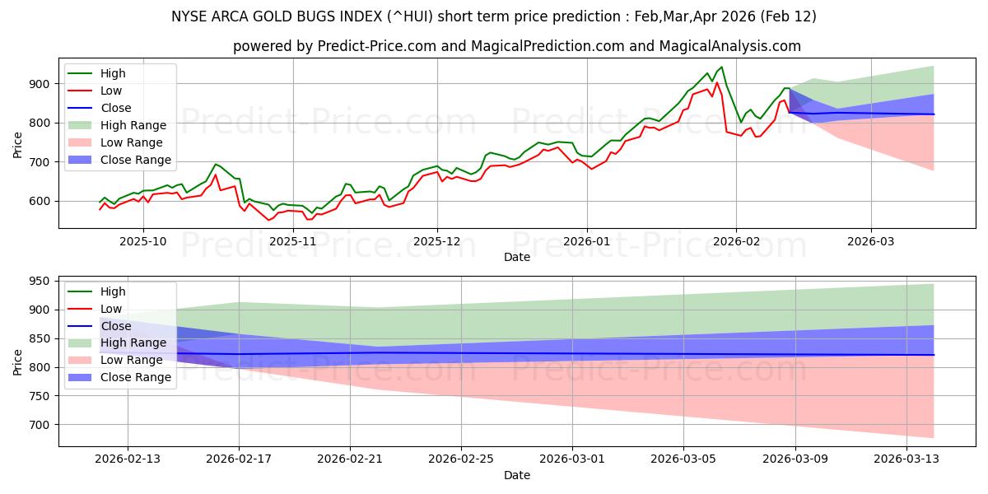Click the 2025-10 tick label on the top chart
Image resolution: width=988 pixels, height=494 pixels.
coord(143,240)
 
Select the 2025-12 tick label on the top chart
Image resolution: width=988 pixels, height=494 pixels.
coord(437,240)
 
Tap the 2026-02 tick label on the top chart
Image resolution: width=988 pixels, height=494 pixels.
coord(736,240)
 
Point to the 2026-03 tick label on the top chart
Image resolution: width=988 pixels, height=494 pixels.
coord(871,240)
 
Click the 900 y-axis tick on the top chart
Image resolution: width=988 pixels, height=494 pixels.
coord(40,84)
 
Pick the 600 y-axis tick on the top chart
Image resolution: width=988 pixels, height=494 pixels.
coord(40,201)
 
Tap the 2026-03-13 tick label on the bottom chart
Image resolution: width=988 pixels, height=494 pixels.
coord(907,459)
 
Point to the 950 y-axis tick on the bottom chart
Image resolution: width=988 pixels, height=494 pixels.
coord(40,281)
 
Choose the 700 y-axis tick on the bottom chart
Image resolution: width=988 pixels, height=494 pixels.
coord(40,425)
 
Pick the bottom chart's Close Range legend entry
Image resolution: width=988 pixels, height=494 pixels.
coord(137,377)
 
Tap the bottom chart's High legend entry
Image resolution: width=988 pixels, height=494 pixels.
coord(112,291)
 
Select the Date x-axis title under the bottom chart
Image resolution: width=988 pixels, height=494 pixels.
coord(516,475)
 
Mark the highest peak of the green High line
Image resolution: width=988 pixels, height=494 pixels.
coord(722,67)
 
